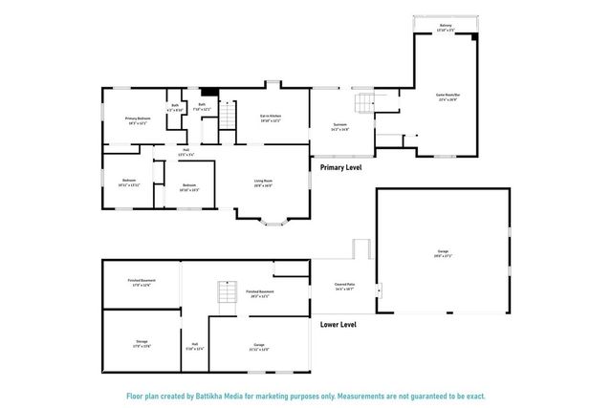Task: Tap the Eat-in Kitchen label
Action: pos(271,116)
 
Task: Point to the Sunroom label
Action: pos(340,124)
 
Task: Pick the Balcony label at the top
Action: pos(446,26)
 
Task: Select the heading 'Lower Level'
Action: pos(339,325)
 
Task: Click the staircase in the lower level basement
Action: pos(227,290)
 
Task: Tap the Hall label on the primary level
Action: pos(187,149)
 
